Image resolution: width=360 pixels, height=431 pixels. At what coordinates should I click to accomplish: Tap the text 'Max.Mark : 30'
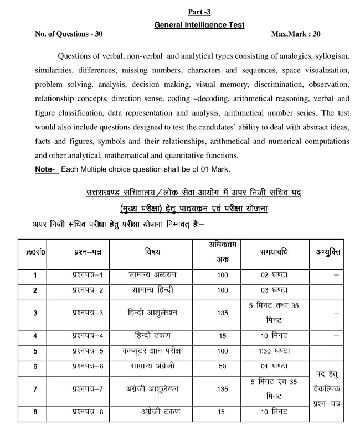296,34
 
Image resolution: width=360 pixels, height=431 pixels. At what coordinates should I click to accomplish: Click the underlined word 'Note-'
46,168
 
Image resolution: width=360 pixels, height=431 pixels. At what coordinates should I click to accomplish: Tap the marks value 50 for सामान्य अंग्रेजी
222,366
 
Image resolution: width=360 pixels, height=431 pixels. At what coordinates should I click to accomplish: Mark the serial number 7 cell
35,389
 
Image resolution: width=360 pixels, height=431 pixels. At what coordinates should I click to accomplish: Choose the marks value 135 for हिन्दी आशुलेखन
222,313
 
